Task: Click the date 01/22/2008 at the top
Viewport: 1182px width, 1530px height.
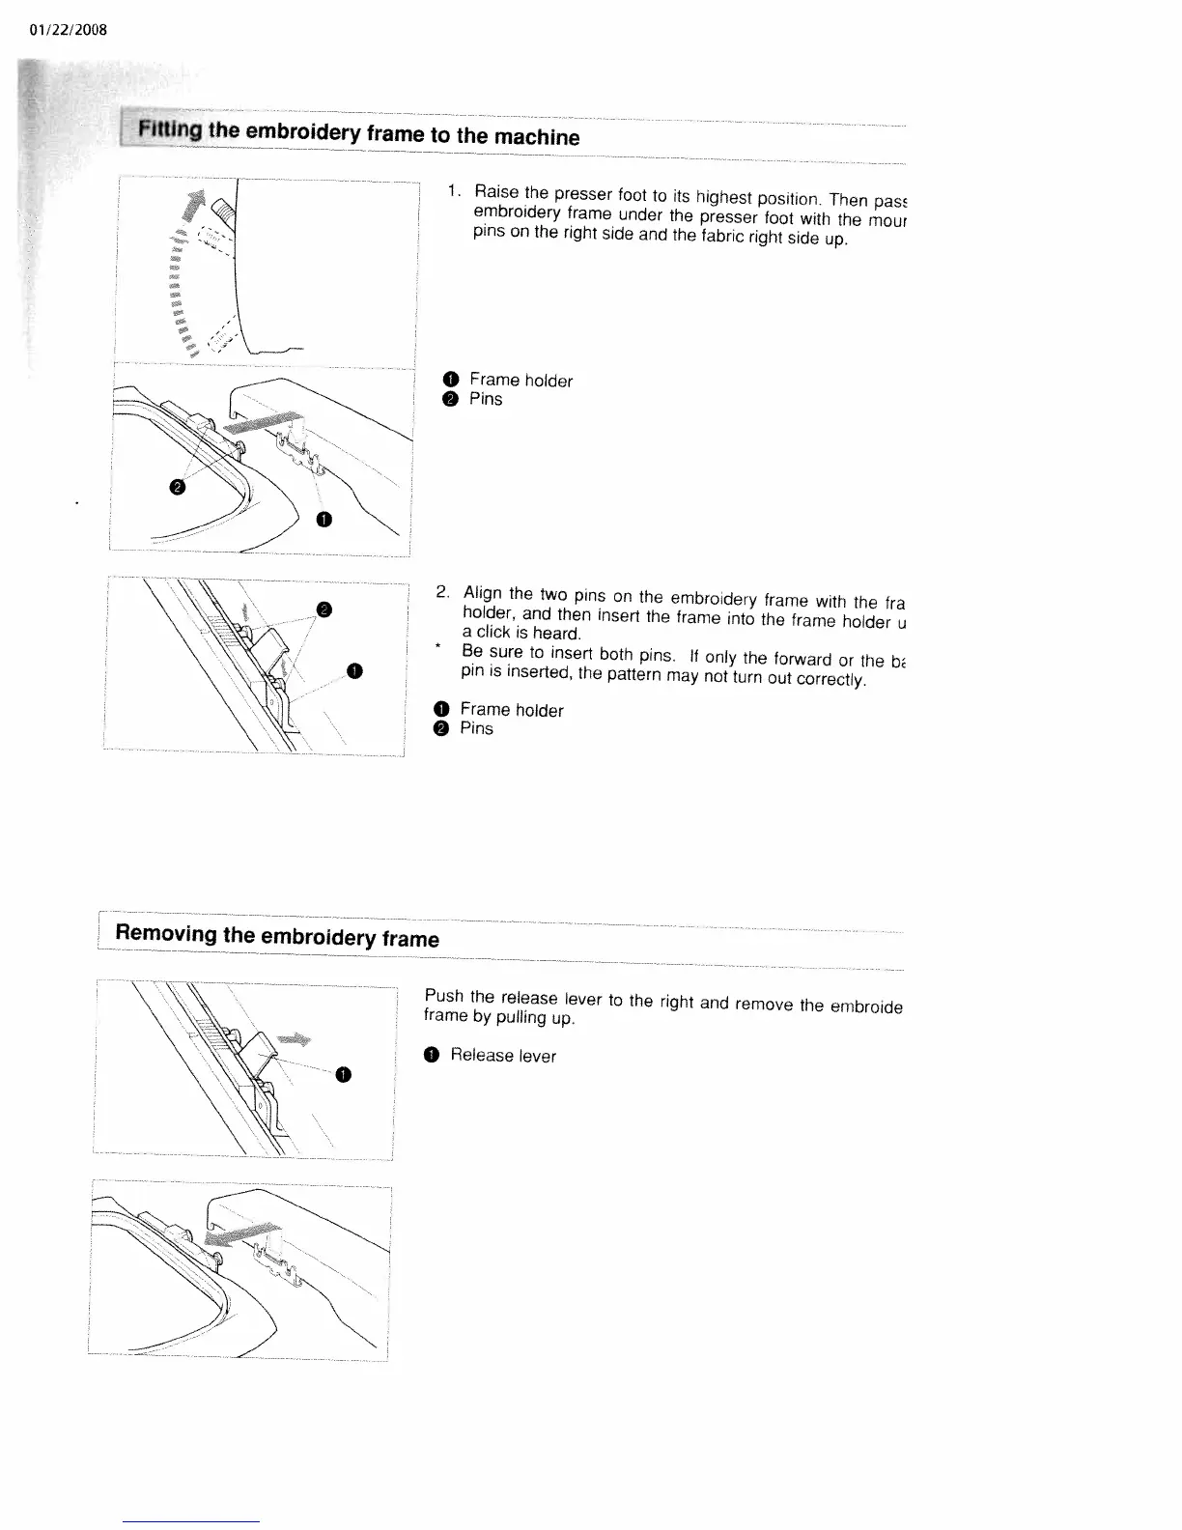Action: point(69,30)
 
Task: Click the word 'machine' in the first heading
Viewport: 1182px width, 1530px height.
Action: point(536,136)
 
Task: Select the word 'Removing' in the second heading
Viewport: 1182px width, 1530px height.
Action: point(166,934)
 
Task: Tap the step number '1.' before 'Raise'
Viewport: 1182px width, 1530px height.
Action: point(451,190)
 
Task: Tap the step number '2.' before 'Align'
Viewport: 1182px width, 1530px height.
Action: point(444,590)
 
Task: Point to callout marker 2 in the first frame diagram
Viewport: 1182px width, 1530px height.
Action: point(175,488)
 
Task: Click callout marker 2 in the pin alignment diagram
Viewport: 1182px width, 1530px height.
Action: point(324,609)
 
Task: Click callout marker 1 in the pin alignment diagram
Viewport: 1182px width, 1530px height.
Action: point(355,671)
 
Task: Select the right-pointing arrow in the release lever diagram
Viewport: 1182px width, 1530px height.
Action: point(295,1039)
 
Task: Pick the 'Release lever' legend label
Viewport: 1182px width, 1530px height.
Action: point(502,1056)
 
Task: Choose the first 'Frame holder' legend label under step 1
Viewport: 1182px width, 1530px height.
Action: point(521,381)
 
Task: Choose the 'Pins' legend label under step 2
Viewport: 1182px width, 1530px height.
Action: point(476,728)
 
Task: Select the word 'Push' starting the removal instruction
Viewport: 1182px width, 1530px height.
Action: point(443,996)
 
